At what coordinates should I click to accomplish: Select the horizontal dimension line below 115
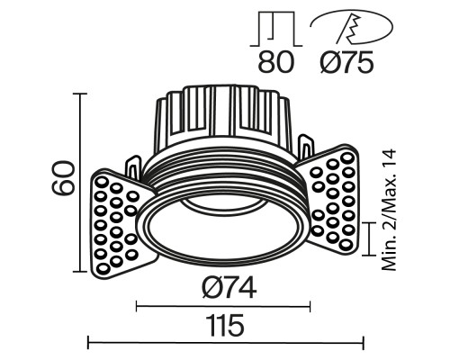click(225, 341)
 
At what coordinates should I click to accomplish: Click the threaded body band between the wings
click(225, 171)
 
